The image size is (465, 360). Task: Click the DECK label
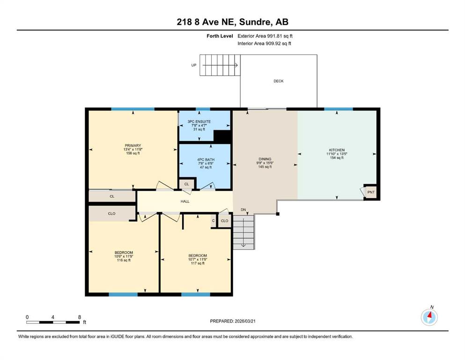point(279,81)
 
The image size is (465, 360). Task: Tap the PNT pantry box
point(371,192)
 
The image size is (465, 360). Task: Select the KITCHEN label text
point(337,150)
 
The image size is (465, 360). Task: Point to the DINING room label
point(265,159)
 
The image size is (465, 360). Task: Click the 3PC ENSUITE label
point(199,122)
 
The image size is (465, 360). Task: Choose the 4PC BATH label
point(206,160)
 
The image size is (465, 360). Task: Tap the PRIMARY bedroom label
point(133,146)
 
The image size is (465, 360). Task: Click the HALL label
point(185,202)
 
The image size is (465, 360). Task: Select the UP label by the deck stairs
point(194,65)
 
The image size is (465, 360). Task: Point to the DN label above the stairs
point(244,210)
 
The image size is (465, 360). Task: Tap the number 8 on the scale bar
point(80,317)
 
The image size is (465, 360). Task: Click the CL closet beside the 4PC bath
point(186,184)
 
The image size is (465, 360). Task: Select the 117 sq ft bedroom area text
point(198,263)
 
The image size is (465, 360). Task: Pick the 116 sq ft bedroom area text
point(124,260)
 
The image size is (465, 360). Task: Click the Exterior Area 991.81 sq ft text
point(265,36)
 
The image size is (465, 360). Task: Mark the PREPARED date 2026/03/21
point(245,321)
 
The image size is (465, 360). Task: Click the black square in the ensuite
point(222,136)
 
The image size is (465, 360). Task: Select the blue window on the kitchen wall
point(339,109)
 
